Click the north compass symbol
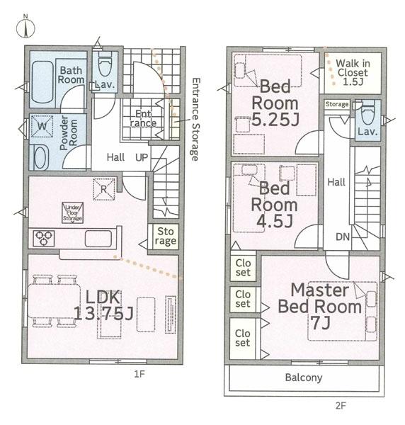coord(25,28)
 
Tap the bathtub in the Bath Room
coord(42,82)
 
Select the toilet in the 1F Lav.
coord(105,64)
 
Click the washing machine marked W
coord(42,126)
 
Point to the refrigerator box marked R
coord(104,189)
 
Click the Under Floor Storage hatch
coord(72,212)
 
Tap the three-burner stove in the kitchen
coord(44,238)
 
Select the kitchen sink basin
coord(98,239)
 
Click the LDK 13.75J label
coord(103,305)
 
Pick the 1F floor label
coord(139,374)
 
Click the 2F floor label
coord(341,406)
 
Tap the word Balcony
coord(304,378)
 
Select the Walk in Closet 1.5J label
coord(353,72)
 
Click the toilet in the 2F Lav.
coord(368,113)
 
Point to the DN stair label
coord(343,237)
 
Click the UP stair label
coord(142,157)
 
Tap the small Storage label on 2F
coord(337,104)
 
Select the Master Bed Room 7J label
coord(320,306)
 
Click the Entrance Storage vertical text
coord(195,119)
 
